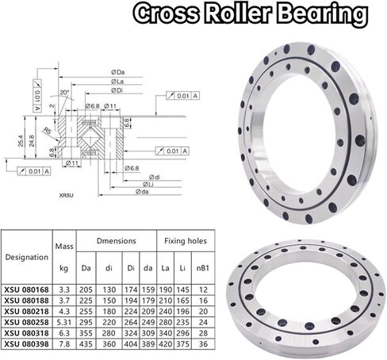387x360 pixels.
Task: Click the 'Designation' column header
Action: (26, 257)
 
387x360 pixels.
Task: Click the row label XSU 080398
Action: (26, 343)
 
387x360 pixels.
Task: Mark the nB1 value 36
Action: (203, 343)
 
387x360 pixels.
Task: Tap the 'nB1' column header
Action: (203, 259)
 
